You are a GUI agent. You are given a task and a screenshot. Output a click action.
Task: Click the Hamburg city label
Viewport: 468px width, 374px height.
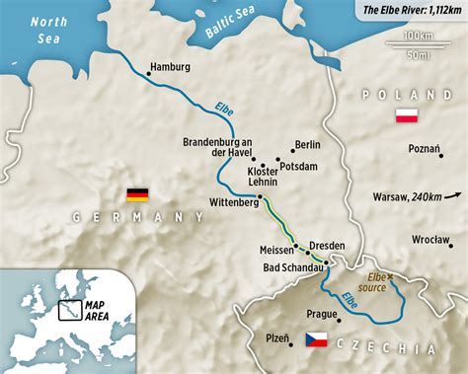pos(168,67)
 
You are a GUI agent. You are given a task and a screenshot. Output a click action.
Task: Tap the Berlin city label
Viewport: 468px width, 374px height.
pos(307,144)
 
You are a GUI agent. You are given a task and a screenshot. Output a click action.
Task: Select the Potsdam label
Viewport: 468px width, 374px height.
pos(299,167)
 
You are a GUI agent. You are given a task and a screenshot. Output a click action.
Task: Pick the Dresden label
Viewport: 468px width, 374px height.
pos(327,245)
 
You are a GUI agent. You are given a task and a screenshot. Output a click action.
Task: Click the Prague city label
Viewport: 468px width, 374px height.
pos(322,315)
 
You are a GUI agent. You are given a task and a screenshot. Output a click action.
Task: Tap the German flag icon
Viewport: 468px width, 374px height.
pos(137,194)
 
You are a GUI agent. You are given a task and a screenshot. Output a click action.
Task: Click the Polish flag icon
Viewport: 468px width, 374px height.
pos(405,116)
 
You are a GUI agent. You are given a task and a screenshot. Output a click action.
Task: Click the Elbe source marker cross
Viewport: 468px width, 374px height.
pos(390,276)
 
